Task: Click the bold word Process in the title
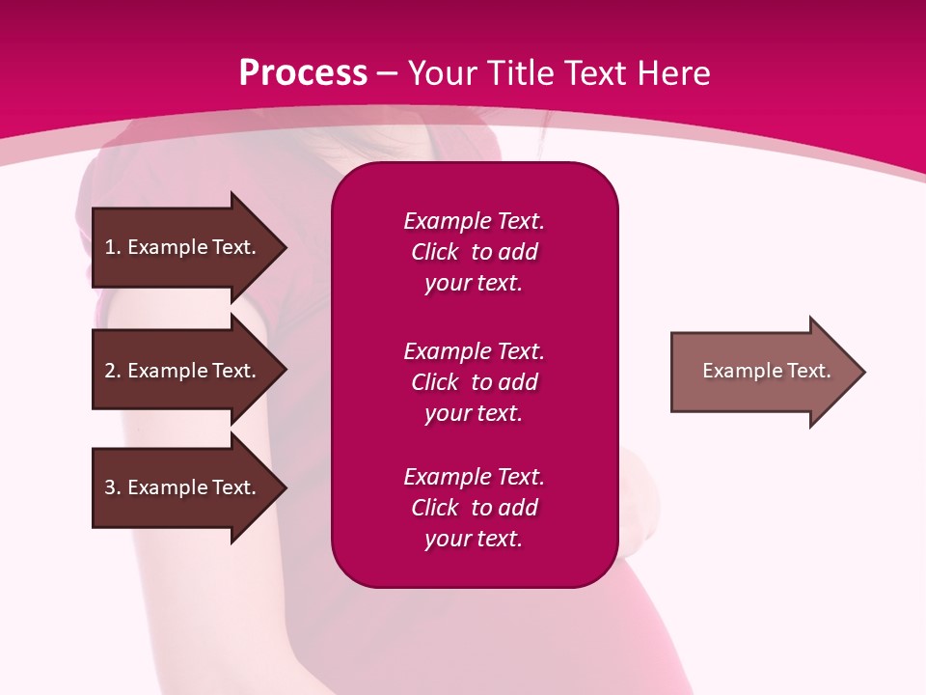pos(303,73)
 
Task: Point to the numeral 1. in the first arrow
pos(113,247)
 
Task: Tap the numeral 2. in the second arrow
pos(113,371)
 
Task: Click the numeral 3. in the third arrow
pos(113,487)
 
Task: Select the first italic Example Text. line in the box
pos(474,221)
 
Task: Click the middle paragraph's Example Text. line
pos(474,351)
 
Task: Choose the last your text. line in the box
pos(474,540)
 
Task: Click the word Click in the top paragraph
pos(434,252)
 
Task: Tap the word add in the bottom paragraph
pos(519,508)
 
